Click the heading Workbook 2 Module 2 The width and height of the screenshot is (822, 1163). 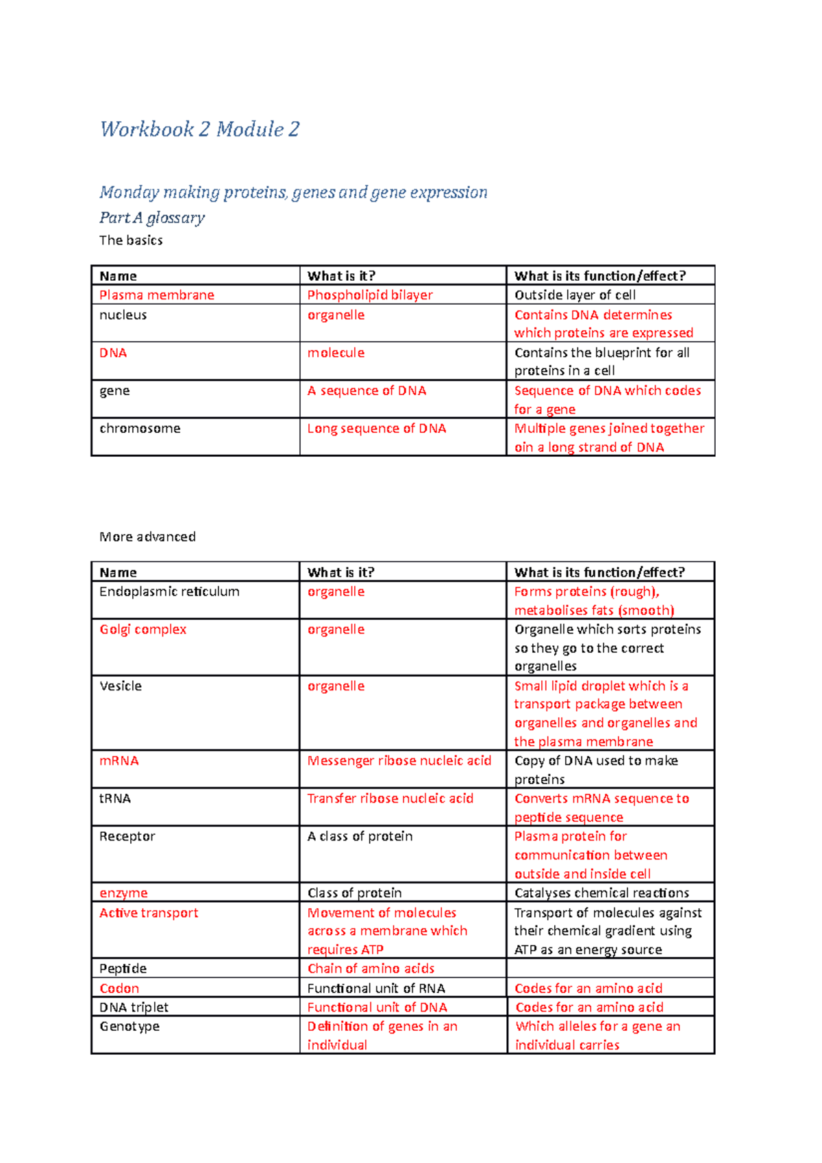tap(199, 129)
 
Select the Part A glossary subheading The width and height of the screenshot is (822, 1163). tap(152, 218)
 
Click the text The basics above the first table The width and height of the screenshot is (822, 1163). tap(131, 240)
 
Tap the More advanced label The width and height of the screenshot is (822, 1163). tap(147, 537)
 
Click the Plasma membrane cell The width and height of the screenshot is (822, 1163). tap(157, 295)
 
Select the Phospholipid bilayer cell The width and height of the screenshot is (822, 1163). tap(370, 295)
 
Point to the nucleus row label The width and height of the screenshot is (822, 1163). tap(123, 315)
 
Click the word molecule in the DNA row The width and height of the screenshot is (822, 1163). tap(336, 353)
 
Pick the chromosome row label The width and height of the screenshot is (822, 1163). tap(140, 429)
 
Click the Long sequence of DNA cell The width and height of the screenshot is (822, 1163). tap(377, 429)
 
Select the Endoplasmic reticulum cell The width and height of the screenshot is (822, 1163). tap(169, 592)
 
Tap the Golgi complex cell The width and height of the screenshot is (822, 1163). tap(142, 629)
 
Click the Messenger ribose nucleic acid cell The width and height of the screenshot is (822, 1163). tap(399, 761)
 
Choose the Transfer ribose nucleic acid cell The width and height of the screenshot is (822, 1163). tap(390, 799)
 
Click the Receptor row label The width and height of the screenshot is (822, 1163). tap(127, 836)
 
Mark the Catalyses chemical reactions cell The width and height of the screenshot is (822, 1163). tap(601, 893)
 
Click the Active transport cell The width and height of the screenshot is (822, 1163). tap(149, 913)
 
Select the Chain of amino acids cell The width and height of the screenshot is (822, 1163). tap(371, 968)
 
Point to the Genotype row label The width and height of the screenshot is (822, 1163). tap(129, 1027)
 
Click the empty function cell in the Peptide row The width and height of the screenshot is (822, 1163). tap(610, 968)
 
